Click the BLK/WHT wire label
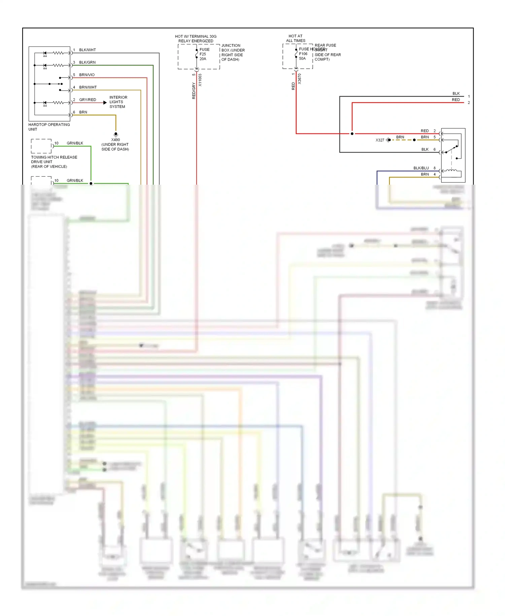click(x=87, y=50)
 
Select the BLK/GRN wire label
click(x=87, y=62)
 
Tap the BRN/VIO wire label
click(x=87, y=75)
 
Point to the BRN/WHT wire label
click(x=88, y=87)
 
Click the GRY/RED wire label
click(x=88, y=100)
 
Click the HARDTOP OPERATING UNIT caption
click(x=49, y=127)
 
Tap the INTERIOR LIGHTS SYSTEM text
click(x=118, y=102)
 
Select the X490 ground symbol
click(x=116, y=134)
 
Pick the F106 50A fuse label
click(x=303, y=56)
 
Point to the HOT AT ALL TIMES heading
click(x=296, y=38)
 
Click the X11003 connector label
click(x=200, y=80)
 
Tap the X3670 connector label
click(x=300, y=79)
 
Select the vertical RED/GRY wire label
click(x=194, y=90)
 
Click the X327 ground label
click(x=380, y=140)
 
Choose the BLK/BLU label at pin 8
click(x=421, y=168)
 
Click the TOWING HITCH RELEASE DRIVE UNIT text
click(x=54, y=162)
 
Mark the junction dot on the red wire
click(x=352, y=134)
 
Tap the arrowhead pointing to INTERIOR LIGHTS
click(x=105, y=102)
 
